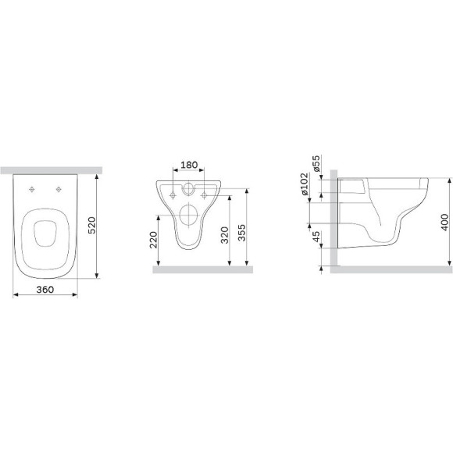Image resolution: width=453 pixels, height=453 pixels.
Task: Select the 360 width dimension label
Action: click(46, 288)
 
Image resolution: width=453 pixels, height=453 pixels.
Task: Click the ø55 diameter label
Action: click(316, 164)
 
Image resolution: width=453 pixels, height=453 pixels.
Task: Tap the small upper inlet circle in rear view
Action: click(188, 190)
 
